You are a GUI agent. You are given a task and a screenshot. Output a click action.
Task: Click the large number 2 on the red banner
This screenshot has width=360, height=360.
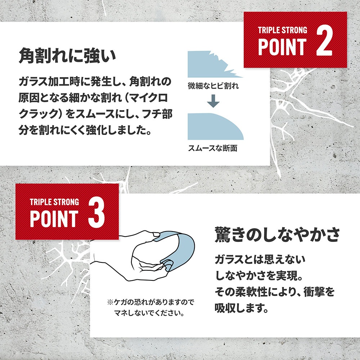[x=324, y=41]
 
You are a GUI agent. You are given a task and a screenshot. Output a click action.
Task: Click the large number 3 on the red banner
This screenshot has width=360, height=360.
[x=96, y=213]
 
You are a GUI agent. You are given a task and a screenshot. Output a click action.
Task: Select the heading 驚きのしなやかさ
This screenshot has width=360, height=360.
[x=277, y=235]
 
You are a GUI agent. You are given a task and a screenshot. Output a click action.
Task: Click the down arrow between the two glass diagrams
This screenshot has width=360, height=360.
[x=213, y=101]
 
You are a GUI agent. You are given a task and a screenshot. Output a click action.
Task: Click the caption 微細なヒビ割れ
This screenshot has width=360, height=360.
[x=213, y=86]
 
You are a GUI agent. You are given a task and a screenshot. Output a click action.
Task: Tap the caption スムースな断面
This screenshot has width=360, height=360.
[x=213, y=148]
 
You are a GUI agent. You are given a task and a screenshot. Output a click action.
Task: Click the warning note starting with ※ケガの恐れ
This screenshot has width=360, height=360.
[x=150, y=307]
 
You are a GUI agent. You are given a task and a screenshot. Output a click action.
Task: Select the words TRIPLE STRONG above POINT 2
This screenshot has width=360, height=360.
[x=282, y=30]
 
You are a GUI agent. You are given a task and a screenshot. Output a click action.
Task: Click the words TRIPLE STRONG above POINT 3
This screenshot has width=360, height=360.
[x=54, y=202]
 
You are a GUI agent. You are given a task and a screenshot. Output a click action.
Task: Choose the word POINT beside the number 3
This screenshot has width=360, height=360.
[x=54, y=219]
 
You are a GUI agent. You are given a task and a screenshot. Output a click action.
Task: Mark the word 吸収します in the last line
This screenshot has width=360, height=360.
[x=242, y=308]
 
